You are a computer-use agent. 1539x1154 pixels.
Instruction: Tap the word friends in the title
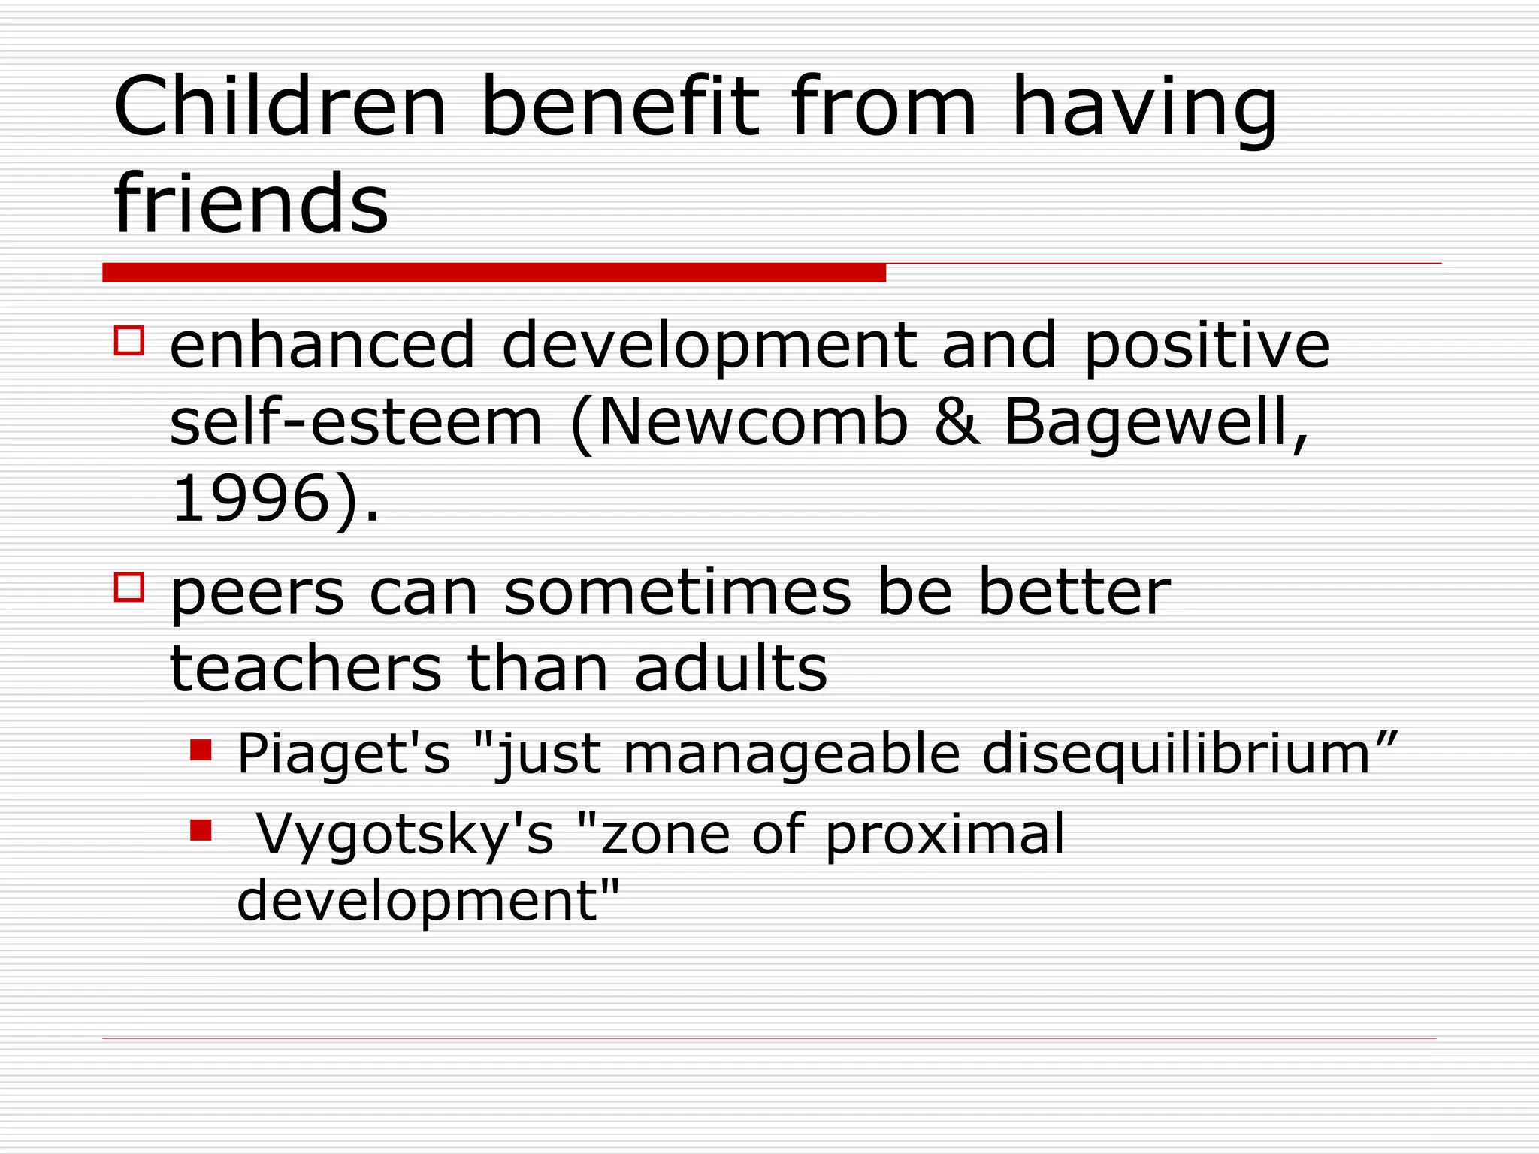tap(251, 203)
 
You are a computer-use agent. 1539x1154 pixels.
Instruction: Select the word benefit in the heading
tap(619, 107)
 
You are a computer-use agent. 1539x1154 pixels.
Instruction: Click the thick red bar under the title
tap(494, 272)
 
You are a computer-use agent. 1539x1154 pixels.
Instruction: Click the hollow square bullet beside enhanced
tap(129, 340)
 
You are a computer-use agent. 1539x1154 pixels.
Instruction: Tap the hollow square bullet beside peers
tap(129, 587)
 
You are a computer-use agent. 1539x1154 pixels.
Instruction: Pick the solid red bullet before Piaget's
tap(201, 750)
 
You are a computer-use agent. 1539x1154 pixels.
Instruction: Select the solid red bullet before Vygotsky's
tap(201, 830)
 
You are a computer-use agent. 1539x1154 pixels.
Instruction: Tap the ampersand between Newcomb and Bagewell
tap(957, 422)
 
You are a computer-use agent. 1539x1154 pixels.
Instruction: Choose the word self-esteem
tap(355, 422)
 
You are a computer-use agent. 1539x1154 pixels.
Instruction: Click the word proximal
tap(945, 834)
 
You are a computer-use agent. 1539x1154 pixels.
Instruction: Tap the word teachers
tap(306, 668)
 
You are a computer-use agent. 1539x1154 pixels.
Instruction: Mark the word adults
tap(730, 668)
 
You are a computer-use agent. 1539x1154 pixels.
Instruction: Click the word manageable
tap(791, 753)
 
